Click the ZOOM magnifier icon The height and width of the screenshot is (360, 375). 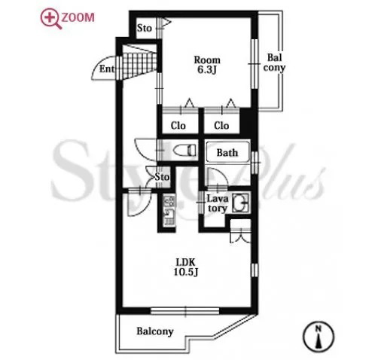pos(50,19)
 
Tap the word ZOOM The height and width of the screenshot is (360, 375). pos(78,17)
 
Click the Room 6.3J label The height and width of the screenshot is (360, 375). pos(207,65)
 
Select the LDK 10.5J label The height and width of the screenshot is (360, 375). pos(186,267)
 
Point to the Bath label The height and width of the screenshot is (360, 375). pos(227,153)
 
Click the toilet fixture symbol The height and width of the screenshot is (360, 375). pos(184,150)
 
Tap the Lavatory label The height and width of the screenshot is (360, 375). pos(218,203)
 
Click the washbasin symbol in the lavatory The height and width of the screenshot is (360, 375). pos(240,203)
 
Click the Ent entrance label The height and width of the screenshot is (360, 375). pos(107,69)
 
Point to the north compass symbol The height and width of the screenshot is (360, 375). pos(319,337)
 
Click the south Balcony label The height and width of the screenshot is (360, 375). pos(155,331)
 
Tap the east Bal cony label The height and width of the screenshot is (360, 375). pos(274,63)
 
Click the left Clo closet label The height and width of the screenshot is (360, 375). pos(178,126)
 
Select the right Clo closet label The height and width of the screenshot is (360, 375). pos(221,126)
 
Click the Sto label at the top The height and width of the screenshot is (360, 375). pos(145,28)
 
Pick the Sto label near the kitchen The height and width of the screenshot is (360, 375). pos(162,177)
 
